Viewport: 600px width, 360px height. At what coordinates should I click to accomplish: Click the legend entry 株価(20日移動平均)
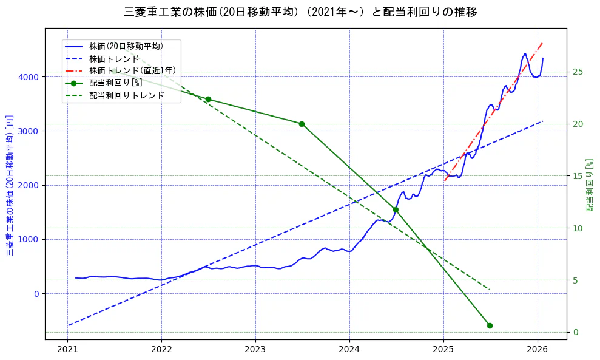(126, 46)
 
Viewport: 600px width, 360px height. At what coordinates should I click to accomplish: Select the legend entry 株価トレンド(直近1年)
(132, 70)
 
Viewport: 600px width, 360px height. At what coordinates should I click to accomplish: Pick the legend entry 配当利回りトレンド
(126, 95)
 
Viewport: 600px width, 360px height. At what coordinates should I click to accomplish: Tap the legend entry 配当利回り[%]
(115, 83)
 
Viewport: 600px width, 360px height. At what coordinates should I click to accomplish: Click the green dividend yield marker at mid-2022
(208, 99)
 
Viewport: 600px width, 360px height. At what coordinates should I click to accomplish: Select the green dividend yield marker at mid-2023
(302, 124)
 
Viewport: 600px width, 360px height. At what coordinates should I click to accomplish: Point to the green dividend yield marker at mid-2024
(396, 209)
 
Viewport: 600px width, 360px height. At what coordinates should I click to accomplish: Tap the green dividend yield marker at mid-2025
(490, 325)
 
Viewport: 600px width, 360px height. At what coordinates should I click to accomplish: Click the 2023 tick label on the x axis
(255, 350)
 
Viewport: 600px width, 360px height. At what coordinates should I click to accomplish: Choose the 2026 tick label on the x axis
(538, 350)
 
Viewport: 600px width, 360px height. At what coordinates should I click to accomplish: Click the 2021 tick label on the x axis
(67, 350)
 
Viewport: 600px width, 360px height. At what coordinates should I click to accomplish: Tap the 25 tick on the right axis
(578, 72)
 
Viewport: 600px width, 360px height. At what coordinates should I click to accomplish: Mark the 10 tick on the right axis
(578, 228)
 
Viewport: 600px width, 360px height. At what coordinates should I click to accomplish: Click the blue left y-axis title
(10, 184)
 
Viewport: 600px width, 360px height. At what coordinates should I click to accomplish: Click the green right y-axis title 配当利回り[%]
(590, 185)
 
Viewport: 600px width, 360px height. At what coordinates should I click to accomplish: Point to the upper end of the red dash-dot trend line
(542, 43)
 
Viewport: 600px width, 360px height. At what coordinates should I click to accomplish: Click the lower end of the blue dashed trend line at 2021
(69, 325)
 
